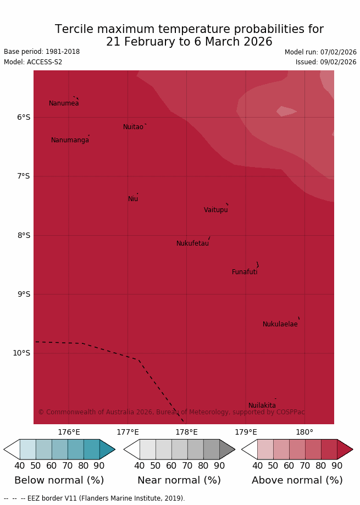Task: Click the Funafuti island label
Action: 245,272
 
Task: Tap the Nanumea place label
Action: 64,103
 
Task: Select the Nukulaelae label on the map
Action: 280,324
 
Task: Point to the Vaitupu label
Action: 216,210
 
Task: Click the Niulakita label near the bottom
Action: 262,406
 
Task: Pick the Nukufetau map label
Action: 192,243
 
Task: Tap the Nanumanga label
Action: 70,140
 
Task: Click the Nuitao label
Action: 133,127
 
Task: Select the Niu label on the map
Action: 133,199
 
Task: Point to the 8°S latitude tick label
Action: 24,235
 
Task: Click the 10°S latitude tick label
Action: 21,353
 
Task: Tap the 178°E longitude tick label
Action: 186,432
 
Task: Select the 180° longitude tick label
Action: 304,432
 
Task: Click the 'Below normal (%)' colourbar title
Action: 59,480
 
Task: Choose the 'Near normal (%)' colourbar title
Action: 179,480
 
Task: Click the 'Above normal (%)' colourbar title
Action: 297,480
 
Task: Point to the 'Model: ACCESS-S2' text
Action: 33,62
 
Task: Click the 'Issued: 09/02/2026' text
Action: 326,62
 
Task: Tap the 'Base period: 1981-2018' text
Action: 42,52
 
